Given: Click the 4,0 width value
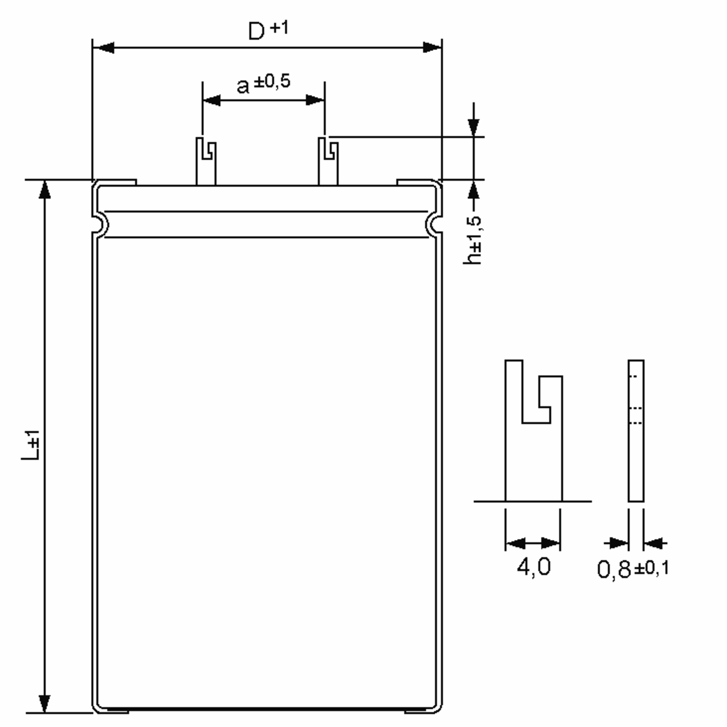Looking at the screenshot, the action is point(533,566).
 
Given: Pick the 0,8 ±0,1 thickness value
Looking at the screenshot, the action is point(633,568).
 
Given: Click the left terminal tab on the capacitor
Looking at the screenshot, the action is point(206,161).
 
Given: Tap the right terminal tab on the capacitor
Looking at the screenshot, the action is point(328,161).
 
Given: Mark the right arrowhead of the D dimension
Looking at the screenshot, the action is point(432,48).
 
